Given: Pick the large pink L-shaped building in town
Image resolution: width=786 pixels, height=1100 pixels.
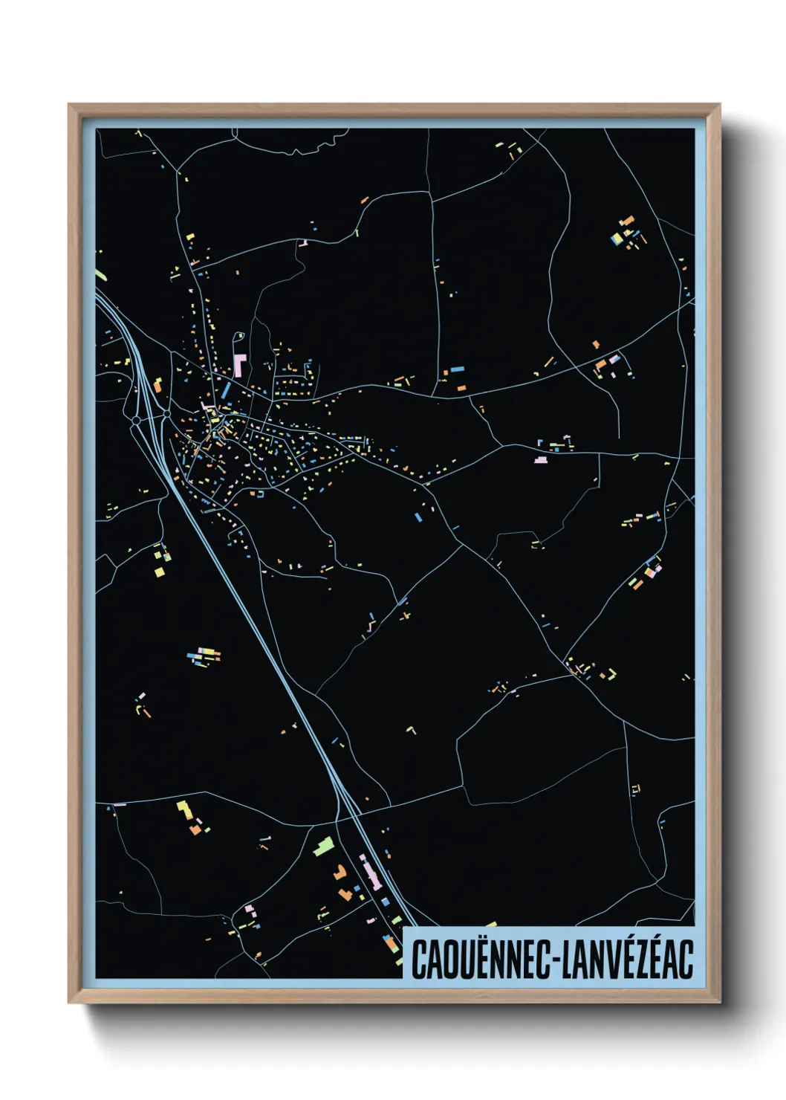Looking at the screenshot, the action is coord(239,364).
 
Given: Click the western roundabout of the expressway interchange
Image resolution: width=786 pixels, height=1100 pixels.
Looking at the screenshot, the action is coord(137,421).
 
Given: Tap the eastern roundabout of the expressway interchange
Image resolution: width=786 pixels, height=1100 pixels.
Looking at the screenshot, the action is coord(166,413).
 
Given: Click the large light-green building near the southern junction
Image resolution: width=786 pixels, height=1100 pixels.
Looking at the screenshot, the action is coord(323,846).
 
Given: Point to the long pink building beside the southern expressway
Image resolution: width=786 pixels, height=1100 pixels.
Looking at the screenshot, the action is coord(370,872).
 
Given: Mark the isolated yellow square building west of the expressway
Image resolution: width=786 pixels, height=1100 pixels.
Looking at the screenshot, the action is coord(159,572).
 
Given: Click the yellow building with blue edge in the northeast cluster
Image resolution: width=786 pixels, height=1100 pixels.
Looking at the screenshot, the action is coord(616,239).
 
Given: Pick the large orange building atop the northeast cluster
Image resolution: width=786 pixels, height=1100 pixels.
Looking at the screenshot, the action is coord(627,221).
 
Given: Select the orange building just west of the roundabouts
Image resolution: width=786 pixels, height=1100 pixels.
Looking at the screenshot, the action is coord(157,385).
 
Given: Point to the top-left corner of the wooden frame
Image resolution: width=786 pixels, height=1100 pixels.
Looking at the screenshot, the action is coord(70,106).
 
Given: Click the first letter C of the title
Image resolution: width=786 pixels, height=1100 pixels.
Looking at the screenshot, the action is coord(418,960).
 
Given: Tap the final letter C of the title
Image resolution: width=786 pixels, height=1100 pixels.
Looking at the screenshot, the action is coord(686,960).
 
